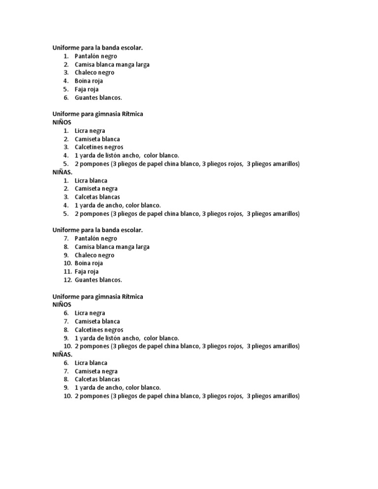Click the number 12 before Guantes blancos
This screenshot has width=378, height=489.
[67, 280]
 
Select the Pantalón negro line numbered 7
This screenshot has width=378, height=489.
[95, 239]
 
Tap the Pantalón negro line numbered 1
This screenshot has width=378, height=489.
[95, 56]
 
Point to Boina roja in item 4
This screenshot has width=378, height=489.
[89, 81]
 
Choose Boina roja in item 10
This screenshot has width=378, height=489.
[89, 263]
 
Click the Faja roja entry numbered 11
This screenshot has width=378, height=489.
[87, 272]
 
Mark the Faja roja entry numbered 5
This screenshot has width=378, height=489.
[87, 89]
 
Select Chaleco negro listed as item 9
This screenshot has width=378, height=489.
[94, 255]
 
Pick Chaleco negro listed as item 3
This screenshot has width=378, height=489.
[94, 73]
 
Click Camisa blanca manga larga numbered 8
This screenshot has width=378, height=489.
[112, 247]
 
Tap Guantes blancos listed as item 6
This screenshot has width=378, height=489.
[98, 97]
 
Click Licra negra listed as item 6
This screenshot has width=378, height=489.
[90, 313]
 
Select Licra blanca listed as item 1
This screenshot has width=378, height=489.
[91, 181]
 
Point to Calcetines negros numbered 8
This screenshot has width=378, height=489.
[99, 330]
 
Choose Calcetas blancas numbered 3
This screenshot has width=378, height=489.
[97, 197]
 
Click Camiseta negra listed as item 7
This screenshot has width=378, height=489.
[96, 371]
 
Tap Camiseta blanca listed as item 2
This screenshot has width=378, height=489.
[97, 139]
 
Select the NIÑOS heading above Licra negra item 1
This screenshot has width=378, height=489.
[62, 122]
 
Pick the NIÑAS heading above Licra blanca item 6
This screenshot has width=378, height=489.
[63, 354]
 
